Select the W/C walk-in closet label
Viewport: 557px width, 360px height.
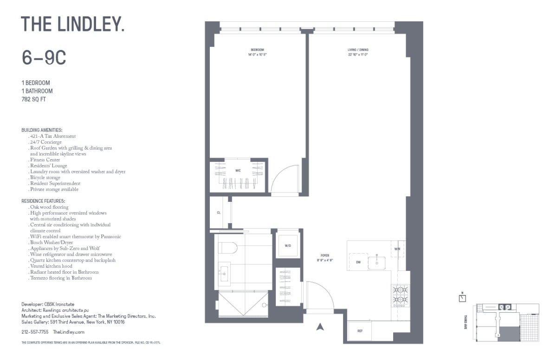(238, 171)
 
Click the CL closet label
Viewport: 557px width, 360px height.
(218, 212)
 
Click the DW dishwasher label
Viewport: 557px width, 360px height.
(358, 263)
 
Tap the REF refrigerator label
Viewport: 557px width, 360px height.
(360, 331)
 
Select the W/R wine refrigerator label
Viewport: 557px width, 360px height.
(397, 249)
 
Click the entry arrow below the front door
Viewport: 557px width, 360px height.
(319, 327)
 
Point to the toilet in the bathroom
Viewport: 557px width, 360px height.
(227, 248)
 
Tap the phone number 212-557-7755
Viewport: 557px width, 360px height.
(35, 332)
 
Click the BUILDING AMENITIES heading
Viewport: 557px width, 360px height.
(42, 130)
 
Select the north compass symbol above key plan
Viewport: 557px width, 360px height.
(462, 297)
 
